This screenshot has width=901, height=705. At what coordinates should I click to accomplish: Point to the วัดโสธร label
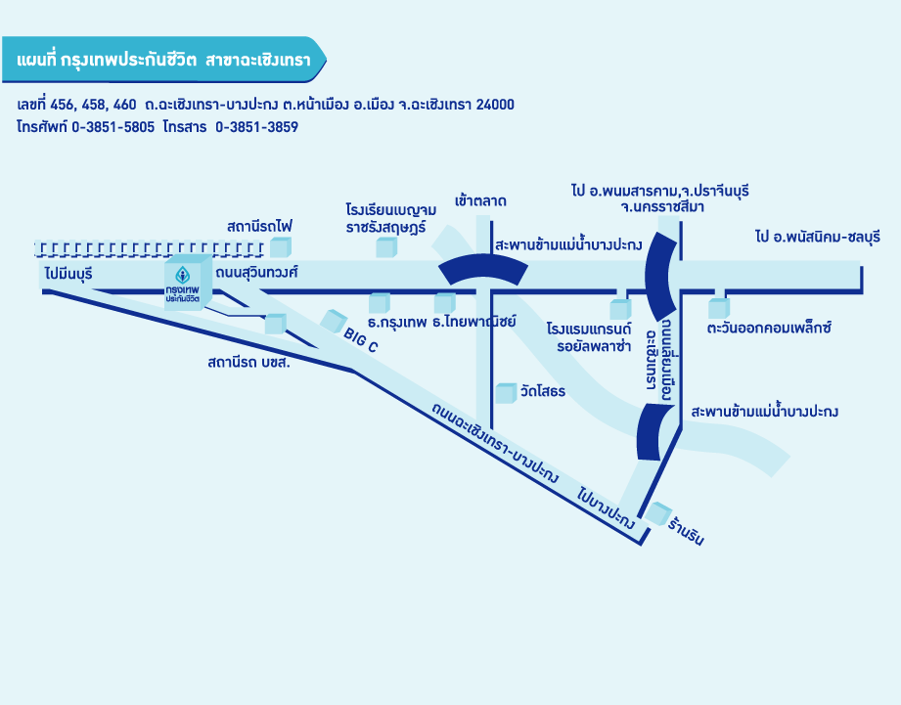click(x=543, y=392)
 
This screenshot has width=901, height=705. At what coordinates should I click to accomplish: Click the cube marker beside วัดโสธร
click(x=505, y=393)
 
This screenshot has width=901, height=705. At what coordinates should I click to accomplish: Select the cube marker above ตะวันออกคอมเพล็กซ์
click(x=719, y=308)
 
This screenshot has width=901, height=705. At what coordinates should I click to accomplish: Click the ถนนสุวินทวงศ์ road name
click(x=256, y=270)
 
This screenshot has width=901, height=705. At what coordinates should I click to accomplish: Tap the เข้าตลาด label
click(x=480, y=201)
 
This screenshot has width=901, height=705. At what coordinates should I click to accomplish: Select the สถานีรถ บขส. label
click(x=249, y=362)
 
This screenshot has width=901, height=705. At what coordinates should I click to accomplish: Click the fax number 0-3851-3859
click(x=256, y=127)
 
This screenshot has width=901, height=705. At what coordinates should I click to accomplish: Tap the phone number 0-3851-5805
click(x=113, y=127)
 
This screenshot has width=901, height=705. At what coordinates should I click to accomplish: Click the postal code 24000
click(x=495, y=104)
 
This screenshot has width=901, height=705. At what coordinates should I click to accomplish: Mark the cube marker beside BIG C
click(x=335, y=319)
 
